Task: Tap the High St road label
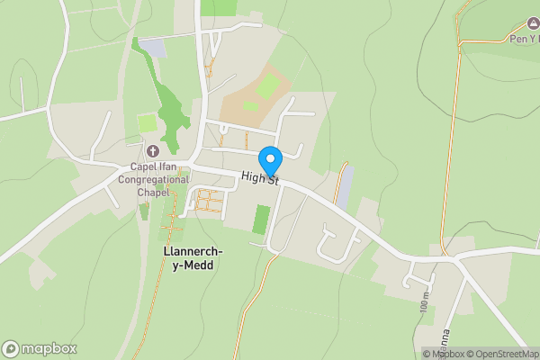pyautogui.click(x=261, y=179)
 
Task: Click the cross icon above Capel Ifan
pyautogui.click(x=151, y=151)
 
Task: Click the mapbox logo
pyautogui.click(x=39, y=348)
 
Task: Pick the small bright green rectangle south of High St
pyautogui.click(x=261, y=220)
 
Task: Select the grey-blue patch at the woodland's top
pyautogui.click(x=154, y=49)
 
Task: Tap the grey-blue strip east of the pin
pyautogui.click(x=345, y=186)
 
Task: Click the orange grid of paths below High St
pyautogui.click(x=210, y=201)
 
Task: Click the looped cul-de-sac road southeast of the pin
pyautogui.click(x=335, y=245)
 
